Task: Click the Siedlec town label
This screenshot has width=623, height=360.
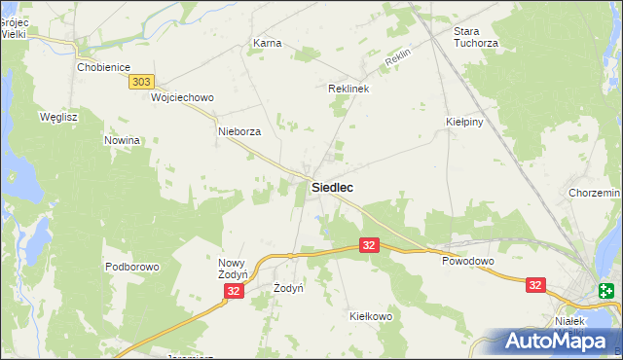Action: click(x=332, y=186)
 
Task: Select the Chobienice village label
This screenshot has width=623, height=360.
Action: click(x=103, y=67)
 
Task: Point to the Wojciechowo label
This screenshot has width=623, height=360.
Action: click(x=182, y=97)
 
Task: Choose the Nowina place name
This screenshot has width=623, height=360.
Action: click(x=123, y=140)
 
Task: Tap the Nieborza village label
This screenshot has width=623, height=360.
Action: click(x=239, y=131)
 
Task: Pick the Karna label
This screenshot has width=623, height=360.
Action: click(x=267, y=44)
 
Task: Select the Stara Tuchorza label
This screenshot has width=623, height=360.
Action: click(x=476, y=37)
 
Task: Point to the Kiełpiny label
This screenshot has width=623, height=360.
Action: click(x=464, y=123)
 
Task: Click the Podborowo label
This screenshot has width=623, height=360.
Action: click(x=131, y=267)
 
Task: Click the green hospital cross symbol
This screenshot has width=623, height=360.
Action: click(x=606, y=290)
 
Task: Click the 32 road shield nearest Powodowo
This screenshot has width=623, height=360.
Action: click(x=369, y=246)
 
